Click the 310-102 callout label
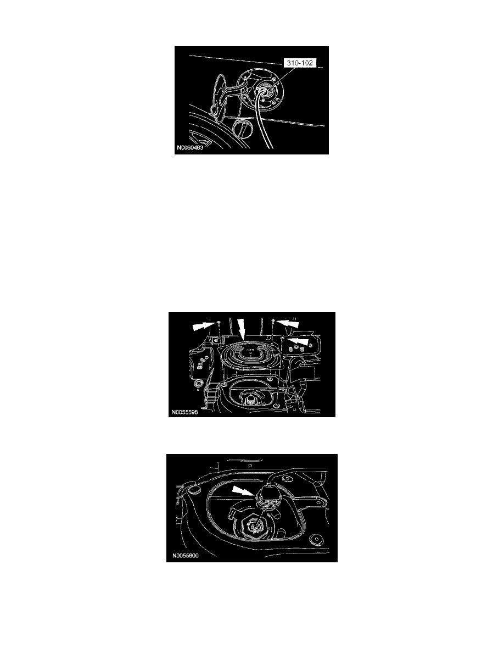pos(299,63)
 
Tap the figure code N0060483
pos(190,148)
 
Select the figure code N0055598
pos(184,412)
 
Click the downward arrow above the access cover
pos(242,329)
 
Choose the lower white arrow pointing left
pos(298,341)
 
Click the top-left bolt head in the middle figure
pos(219,322)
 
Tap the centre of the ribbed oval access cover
pos(250,353)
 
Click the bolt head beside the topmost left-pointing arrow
pos(273,320)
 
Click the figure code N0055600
pos(185,556)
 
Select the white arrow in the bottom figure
pos(243,491)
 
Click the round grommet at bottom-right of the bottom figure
pos(317,540)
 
